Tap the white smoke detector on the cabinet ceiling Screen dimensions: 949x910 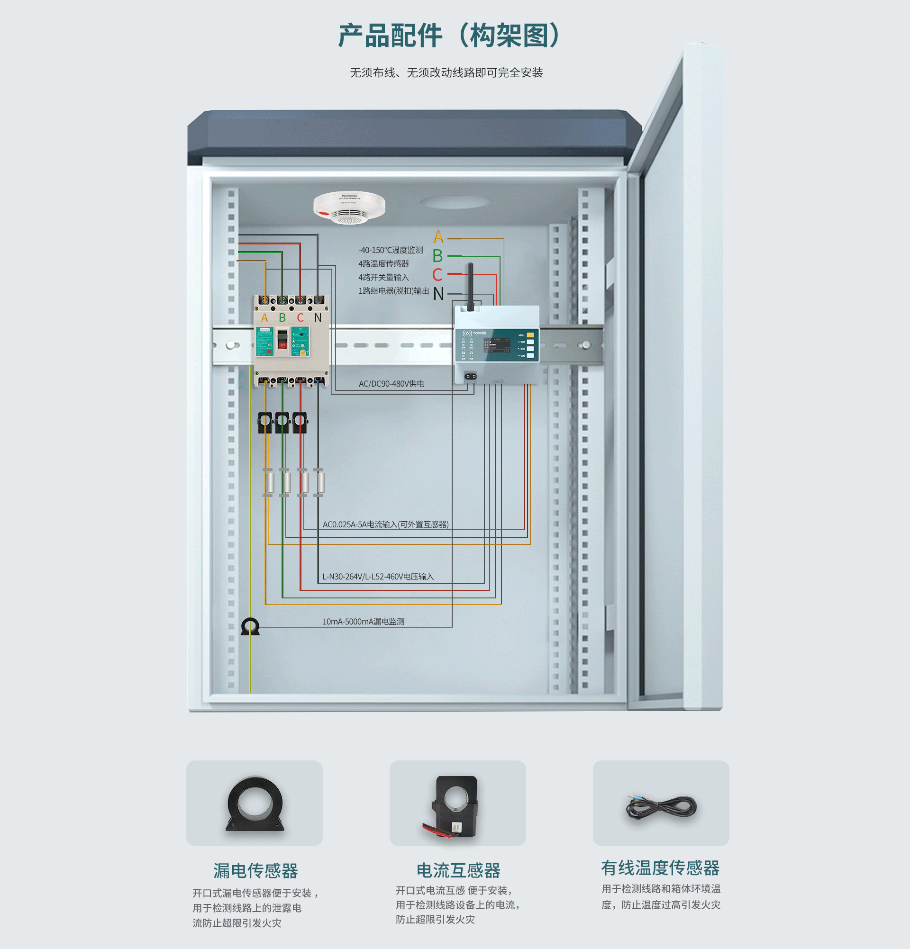tap(349, 207)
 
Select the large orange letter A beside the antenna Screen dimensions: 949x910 tap(438, 237)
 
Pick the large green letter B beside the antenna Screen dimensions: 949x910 tap(437, 256)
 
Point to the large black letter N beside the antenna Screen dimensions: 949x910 tap(438, 294)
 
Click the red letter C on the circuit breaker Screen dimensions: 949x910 tap(300, 317)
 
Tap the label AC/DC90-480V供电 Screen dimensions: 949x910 tap(391, 383)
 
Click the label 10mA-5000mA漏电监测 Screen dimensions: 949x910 tap(363, 621)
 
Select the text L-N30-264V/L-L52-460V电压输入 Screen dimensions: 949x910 tap(378, 576)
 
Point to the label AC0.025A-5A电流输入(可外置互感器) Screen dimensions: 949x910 tap(385, 524)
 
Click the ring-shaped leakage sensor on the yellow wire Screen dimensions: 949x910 tap(250, 626)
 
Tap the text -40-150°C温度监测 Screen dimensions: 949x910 tap(391, 250)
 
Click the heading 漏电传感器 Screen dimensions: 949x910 tap(255, 870)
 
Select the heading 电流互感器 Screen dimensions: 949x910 tap(458, 870)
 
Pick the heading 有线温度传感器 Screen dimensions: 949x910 tap(660, 868)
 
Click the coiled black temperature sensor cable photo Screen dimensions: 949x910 tap(661, 808)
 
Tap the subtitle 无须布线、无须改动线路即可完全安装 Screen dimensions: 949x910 tap(446, 72)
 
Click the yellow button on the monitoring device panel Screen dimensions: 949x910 tap(530, 334)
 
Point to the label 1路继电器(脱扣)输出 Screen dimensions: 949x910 tap(393, 290)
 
